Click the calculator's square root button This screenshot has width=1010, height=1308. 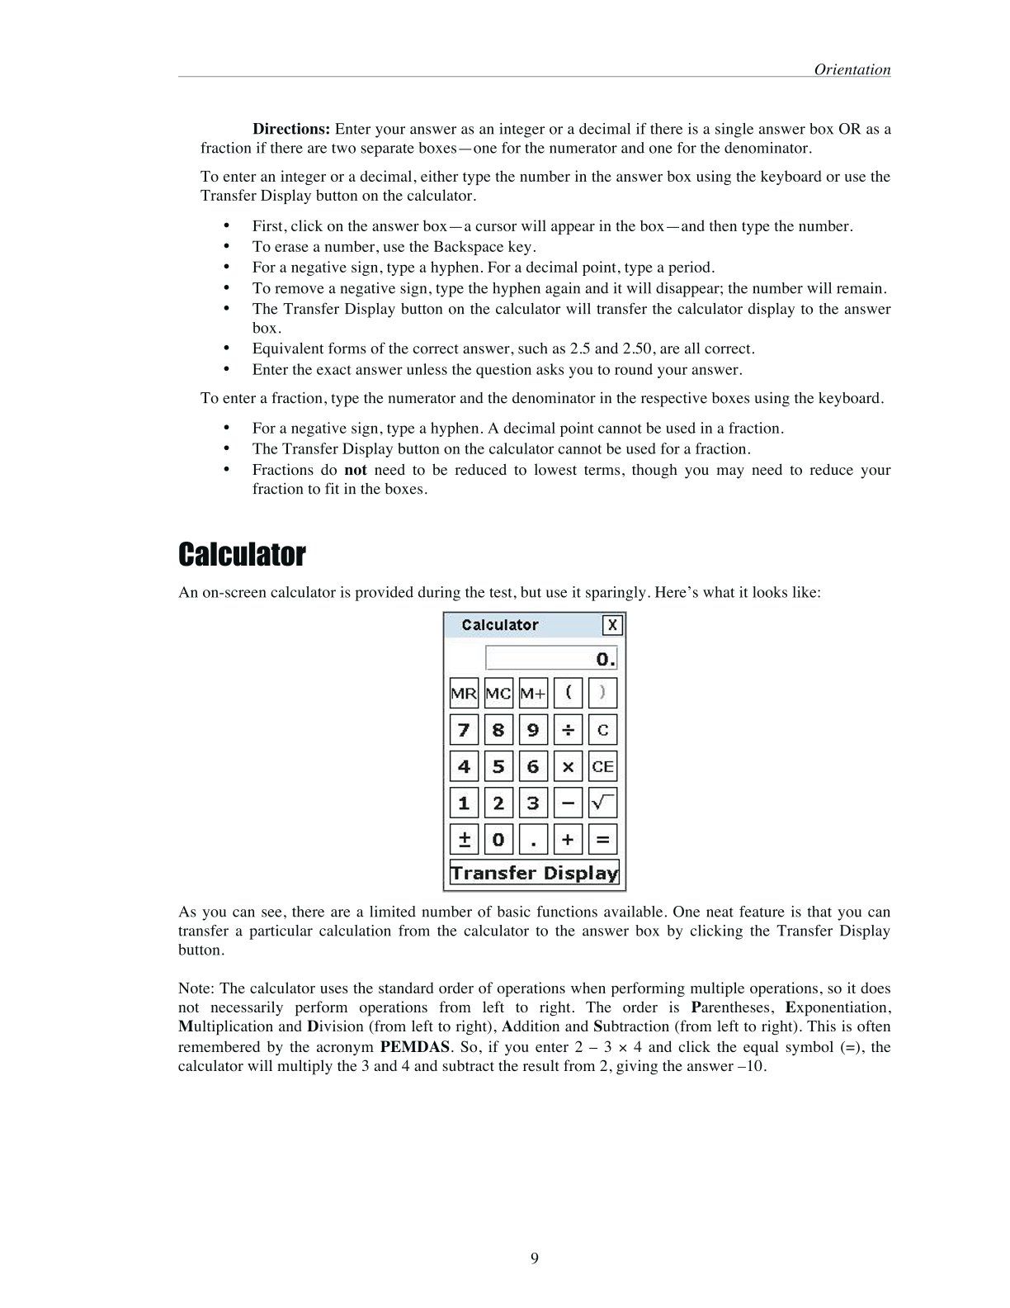(603, 803)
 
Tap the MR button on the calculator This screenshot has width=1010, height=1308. (464, 694)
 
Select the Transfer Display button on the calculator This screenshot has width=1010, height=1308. (534, 873)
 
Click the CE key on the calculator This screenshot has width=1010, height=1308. (603, 766)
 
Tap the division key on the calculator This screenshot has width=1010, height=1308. (568, 730)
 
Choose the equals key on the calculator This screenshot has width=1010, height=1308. (603, 840)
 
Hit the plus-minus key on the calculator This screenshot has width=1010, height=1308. (464, 840)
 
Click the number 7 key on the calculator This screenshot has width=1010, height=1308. (464, 730)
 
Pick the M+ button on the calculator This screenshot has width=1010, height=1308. (533, 694)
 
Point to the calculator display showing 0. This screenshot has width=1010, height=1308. (551, 658)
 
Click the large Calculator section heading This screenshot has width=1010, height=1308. (242, 555)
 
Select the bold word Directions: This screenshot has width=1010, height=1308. (291, 129)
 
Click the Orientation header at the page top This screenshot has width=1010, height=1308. (852, 69)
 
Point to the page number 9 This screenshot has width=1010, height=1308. (535, 1258)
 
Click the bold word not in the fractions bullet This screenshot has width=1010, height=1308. (356, 470)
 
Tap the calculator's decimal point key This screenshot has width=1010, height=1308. (533, 840)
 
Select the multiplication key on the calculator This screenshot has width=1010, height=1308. (568, 766)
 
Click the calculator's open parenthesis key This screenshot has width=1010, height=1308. (568, 694)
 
